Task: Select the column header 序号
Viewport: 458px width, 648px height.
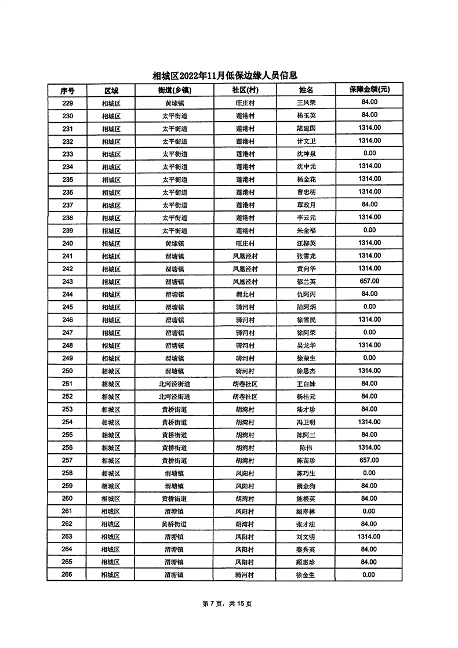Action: [67, 90]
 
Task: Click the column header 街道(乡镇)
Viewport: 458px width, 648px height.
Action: [175, 90]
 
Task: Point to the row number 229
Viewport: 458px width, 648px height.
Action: [67, 103]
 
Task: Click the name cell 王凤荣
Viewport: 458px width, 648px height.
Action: [306, 103]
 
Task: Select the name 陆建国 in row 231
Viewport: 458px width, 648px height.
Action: [306, 129]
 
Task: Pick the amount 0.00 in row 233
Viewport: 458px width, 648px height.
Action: [369, 154]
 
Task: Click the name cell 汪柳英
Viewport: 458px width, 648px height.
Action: [306, 243]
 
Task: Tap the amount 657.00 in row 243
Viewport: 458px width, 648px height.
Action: [369, 281]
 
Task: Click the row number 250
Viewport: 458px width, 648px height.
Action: [67, 371]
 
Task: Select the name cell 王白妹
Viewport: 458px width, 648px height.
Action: [306, 384]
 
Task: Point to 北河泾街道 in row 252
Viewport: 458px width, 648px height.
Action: [175, 396]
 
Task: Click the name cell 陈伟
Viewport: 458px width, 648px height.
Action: [306, 447]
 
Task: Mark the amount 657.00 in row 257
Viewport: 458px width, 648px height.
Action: [369, 460]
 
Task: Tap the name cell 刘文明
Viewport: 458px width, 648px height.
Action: [306, 537]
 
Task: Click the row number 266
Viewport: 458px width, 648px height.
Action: [67, 575]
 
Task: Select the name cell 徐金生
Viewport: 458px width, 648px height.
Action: [306, 575]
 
